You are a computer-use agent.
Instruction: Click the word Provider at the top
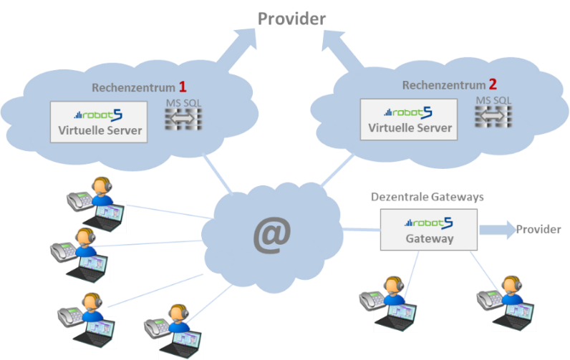pyautogui.click(x=291, y=19)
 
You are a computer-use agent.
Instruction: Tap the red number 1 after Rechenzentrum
pyautogui.click(x=183, y=87)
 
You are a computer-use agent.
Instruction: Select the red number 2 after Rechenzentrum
pyautogui.click(x=493, y=84)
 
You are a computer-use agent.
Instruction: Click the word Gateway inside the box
pyautogui.click(x=428, y=239)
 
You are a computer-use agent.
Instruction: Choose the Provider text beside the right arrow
pyautogui.click(x=538, y=230)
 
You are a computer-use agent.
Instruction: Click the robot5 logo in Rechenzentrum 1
pyautogui.click(x=99, y=115)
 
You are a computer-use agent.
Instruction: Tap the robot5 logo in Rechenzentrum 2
pyautogui.click(x=409, y=112)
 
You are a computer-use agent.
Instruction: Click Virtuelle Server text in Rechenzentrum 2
pyautogui.click(x=410, y=128)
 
